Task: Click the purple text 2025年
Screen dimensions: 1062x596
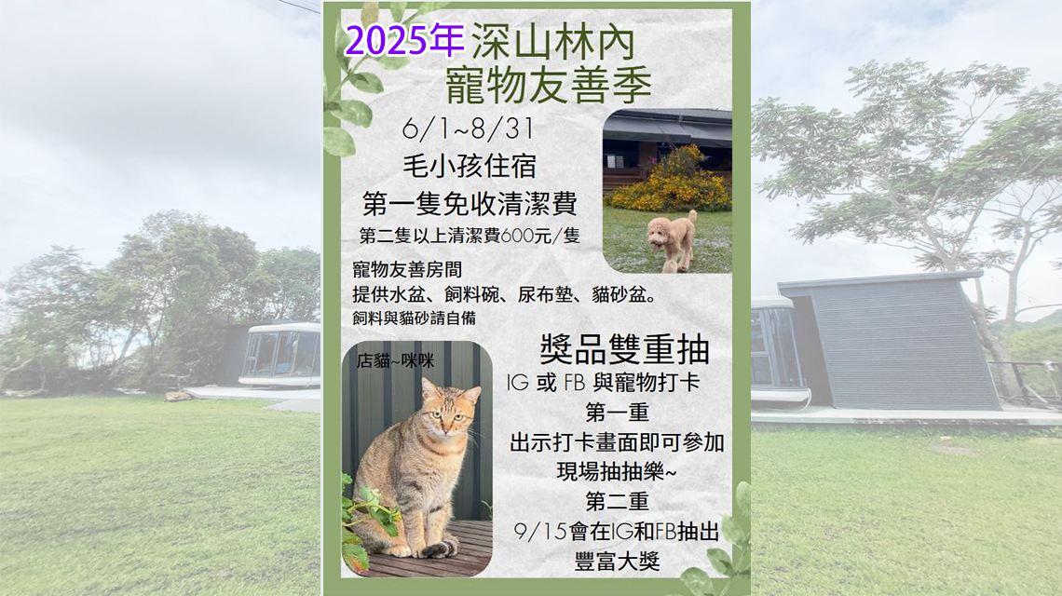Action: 404,41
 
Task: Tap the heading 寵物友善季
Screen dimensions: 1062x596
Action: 549,85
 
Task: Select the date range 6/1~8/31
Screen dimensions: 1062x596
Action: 468,128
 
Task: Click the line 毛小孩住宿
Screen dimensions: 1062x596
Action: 470,165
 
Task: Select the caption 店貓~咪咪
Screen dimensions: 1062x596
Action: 396,361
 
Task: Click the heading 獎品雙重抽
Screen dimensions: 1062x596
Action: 624,349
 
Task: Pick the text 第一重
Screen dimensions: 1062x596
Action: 617,412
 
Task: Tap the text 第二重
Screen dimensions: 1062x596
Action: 617,501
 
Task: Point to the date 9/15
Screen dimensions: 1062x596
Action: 540,531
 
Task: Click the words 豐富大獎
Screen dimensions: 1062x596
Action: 617,561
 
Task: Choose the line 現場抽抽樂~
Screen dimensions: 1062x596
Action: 617,471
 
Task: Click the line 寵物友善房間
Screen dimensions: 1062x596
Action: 407,269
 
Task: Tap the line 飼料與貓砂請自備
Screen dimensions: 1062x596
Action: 414,318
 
